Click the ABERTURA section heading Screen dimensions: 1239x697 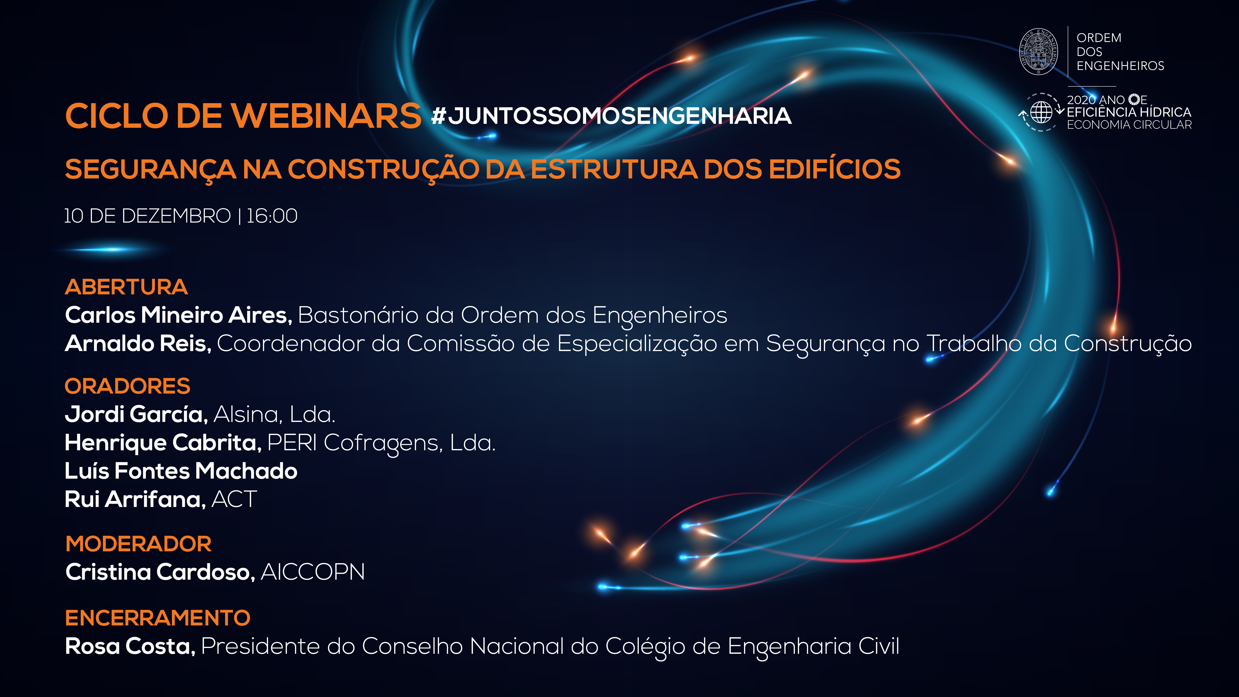[126, 287]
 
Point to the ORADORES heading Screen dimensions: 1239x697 [128, 386]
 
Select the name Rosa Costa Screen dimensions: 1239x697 [130, 646]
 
